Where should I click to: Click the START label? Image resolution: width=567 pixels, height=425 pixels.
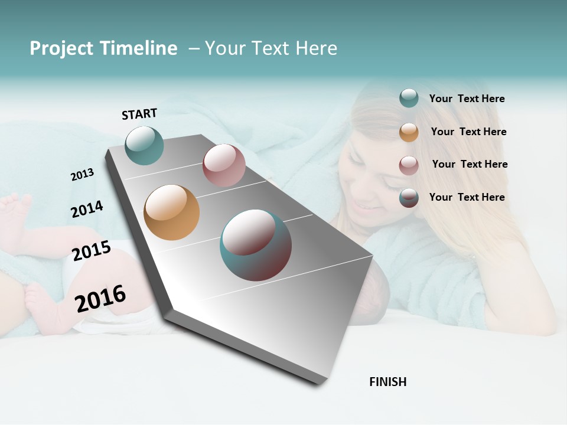[x=139, y=114]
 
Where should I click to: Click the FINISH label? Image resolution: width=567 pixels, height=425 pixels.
[x=387, y=382]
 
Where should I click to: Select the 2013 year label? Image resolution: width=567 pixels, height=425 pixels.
[x=83, y=174]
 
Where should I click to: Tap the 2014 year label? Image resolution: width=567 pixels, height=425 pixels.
[x=87, y=209]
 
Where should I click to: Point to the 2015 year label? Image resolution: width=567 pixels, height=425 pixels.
[x=92, y=251]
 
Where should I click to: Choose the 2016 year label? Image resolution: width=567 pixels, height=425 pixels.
[x=100, y=298]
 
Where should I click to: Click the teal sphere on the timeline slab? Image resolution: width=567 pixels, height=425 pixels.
[x=144, y=145]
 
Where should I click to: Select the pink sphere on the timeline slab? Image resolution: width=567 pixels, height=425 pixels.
[x=224, y=165]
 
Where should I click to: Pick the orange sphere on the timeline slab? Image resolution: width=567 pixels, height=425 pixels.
[x=171, y=212]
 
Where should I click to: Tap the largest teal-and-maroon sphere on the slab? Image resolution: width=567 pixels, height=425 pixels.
[x=256, y=245]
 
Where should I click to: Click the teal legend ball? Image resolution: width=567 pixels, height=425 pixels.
[x=409, y=99]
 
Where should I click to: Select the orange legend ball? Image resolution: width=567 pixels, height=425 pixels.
[x=409, y=132]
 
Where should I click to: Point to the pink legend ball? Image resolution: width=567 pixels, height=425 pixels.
[x=409, y=165]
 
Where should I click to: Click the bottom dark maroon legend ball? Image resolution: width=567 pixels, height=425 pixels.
[x=409, y=198]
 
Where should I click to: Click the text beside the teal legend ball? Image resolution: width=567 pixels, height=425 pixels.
[x=467, y=99]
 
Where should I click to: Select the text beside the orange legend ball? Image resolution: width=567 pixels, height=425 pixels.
[x=468, y=132]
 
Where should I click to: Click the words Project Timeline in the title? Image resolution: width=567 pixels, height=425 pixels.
[x=103, y=48]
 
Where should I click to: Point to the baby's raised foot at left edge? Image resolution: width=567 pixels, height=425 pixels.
[x=15, y=210]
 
